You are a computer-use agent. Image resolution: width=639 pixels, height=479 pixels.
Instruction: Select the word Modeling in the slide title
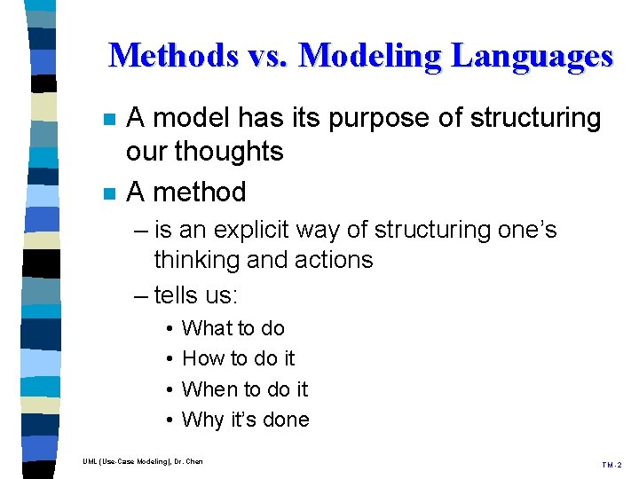point(369,56)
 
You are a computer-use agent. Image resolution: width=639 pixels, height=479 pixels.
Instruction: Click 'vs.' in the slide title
point(267,56)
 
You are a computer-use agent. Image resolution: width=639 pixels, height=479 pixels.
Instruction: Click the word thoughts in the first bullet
point(228,151)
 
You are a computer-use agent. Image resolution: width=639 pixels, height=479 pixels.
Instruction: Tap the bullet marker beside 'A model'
point(107,120)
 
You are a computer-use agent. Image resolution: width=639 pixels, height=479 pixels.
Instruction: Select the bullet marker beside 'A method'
point(107,192)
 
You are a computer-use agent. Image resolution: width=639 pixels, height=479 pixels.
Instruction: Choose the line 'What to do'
point(233,328)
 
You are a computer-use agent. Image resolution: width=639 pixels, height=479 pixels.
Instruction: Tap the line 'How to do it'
point(238,358)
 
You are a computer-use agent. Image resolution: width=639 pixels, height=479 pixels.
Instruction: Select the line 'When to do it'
point(244,389)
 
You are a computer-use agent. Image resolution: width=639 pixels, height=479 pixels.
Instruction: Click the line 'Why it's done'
point(245,420)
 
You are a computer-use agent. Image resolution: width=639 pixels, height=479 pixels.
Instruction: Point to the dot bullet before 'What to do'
point(168,329)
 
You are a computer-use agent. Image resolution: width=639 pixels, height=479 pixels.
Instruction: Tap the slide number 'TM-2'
point(612,465)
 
